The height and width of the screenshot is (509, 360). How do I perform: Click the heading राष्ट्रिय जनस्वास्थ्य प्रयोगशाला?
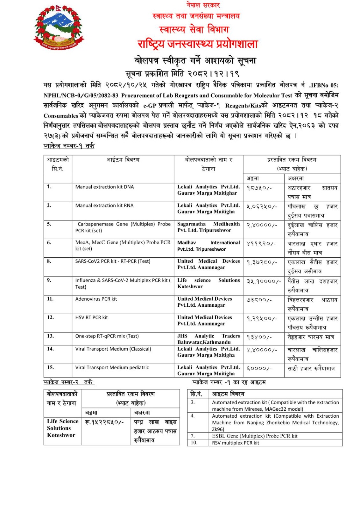[x=197, y=44]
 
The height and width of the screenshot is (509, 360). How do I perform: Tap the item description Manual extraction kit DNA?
[x=104, y=187]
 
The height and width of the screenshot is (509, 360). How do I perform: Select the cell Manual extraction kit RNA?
[x=104, y=206]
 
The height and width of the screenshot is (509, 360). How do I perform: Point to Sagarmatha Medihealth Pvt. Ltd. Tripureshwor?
[x=208, y=227]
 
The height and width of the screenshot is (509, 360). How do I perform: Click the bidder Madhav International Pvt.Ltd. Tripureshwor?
[x=208, y=246]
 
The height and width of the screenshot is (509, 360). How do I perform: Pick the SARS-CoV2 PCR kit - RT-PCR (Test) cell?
[x=113, y=261]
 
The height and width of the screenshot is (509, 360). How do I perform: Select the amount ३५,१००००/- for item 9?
[x=264, y=281]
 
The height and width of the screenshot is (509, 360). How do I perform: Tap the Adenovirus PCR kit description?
[x=96, y=299]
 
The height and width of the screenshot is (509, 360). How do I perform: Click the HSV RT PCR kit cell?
[x=92, y=317]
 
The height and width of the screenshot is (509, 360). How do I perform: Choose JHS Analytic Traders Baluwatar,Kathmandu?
[x=208, y=339]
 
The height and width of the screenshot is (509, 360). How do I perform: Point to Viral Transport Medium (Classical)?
[x=113, y=349]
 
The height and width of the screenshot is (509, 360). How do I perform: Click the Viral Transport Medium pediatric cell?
[x=112, y=367]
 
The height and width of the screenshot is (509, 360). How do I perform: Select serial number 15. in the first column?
[x=50, y=367]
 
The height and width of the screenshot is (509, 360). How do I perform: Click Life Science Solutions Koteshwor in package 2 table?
[x=62, y=428]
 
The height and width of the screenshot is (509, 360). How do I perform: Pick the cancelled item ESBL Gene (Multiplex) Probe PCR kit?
[x=255, y=436]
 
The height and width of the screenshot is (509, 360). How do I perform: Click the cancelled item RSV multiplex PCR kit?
[x=236, y=443]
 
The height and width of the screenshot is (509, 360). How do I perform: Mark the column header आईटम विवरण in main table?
[x=123, y=160]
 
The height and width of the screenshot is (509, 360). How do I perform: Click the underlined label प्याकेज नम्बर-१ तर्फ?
[x=69, y=146]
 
